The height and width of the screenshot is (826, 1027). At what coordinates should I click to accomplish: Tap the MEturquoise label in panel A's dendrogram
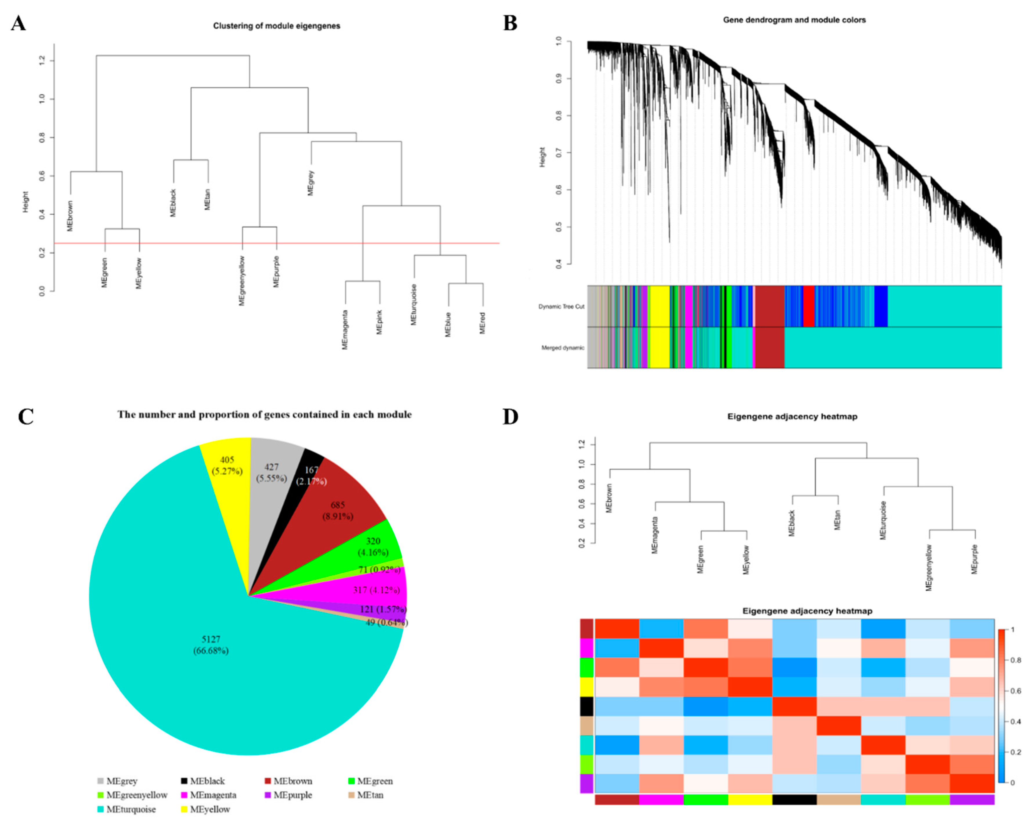click(413, 305)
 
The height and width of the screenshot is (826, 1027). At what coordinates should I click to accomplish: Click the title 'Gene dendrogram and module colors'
click(794, 20)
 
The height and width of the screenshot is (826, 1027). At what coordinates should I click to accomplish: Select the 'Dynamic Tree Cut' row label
click(561, 306)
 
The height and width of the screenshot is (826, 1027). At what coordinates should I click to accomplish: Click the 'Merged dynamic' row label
click(562, 348)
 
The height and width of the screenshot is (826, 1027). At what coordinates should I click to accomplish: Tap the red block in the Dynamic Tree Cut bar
click(809, 306)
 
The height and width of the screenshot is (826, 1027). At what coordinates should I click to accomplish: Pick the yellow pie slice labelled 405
click(227, 465)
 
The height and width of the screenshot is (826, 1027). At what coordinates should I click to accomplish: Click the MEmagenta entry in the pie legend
click(212, 795)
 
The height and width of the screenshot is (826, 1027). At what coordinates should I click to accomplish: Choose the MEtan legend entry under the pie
click(370, 795)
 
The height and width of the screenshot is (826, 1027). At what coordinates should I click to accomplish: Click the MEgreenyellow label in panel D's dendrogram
click(929, 568)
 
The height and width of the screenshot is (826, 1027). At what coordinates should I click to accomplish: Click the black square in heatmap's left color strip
click(586, 706)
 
